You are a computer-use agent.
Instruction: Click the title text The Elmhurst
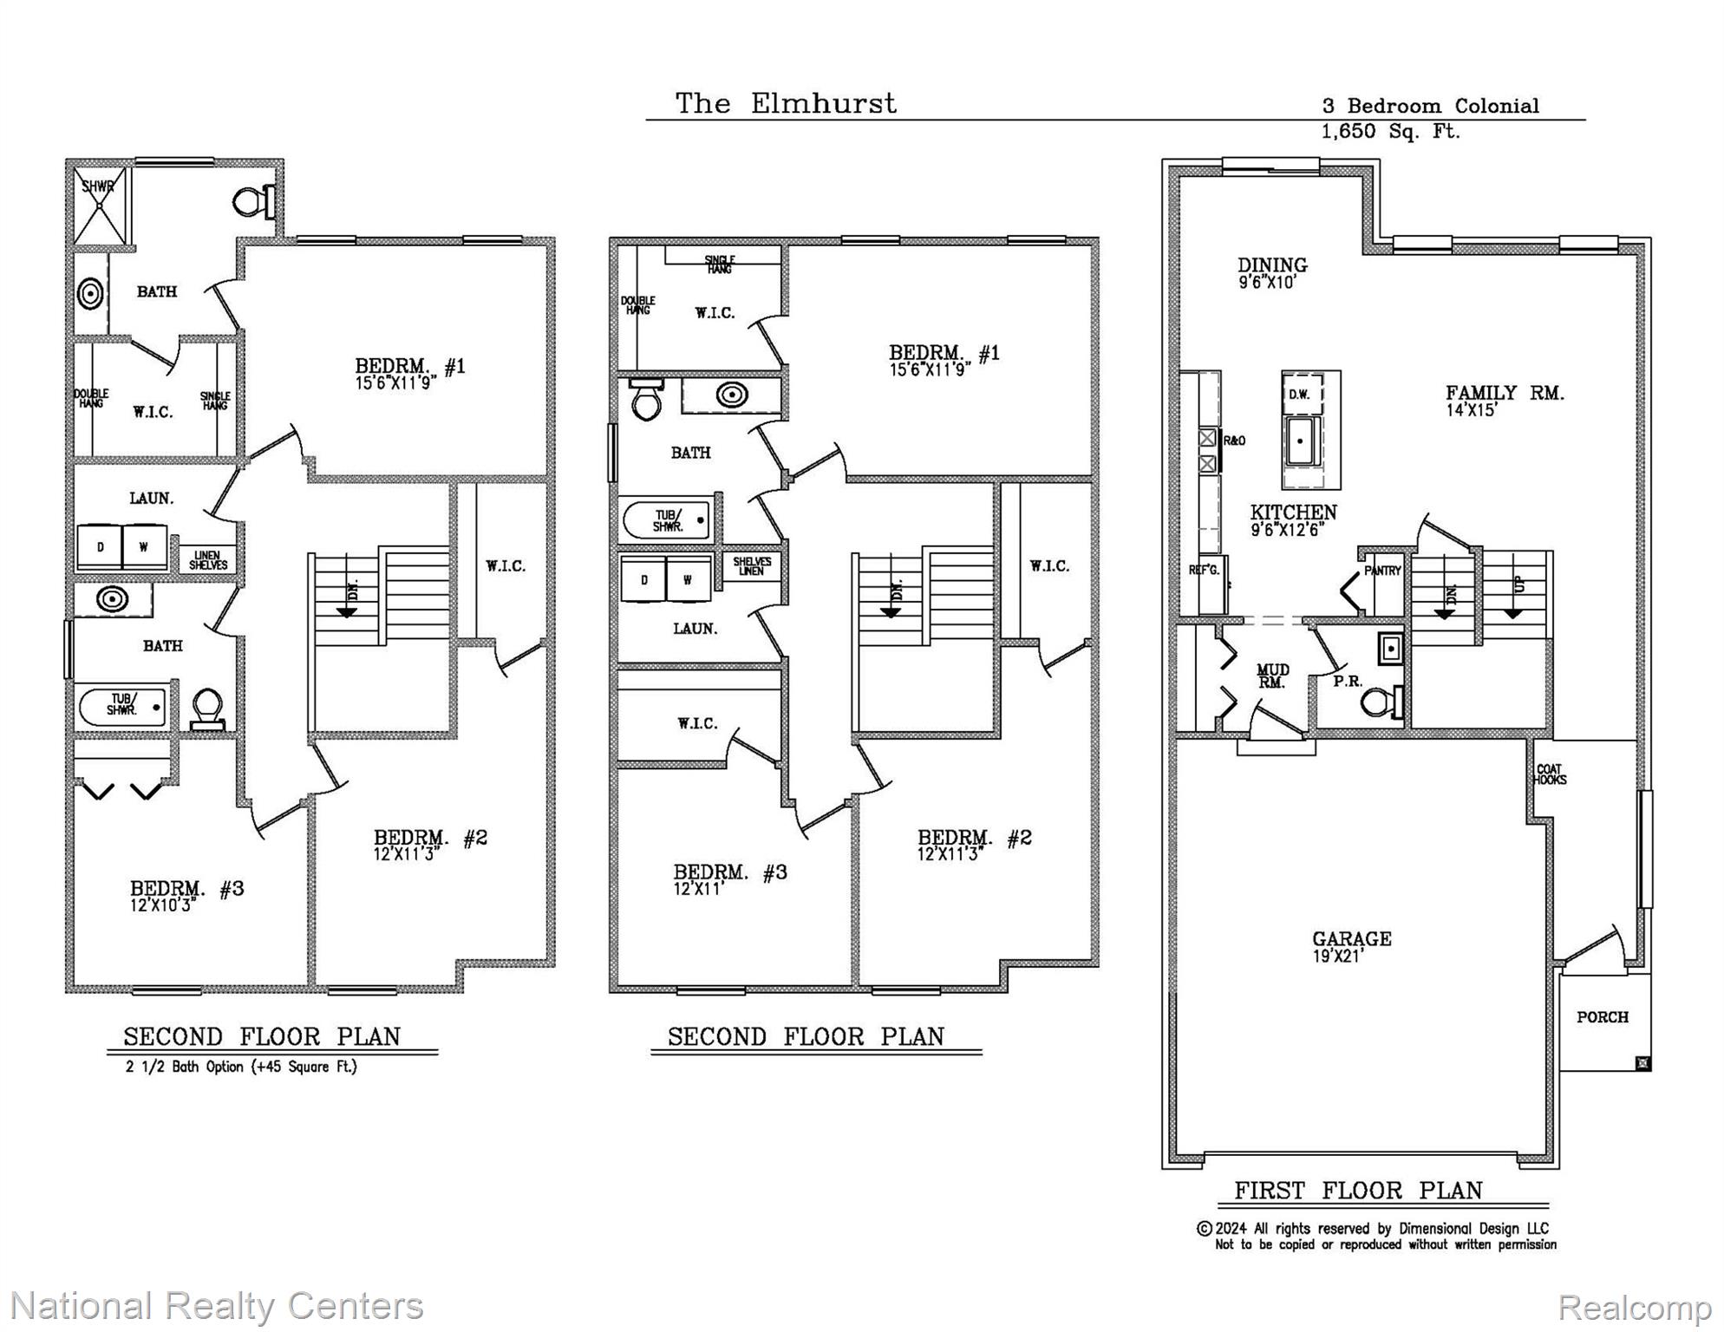785,104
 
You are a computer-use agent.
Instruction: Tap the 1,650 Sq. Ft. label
1389,132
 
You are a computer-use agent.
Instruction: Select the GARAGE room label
1351,939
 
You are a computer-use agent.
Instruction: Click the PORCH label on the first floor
1602,1017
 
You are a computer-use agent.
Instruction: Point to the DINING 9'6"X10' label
1271,271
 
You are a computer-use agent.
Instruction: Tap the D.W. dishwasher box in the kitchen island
1299,395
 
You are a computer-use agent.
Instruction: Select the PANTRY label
1382,571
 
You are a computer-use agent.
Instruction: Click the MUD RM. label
1272,676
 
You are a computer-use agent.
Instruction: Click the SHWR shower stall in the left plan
100,206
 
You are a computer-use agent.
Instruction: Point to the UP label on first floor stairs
1518,584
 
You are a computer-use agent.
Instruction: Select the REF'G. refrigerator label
1204,571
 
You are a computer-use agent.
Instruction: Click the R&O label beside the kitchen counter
1234,441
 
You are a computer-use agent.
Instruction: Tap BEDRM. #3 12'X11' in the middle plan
729,878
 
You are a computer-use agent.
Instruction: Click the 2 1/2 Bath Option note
241,1067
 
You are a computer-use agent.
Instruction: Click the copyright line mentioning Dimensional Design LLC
1375,1229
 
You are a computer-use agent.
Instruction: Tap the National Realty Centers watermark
217,1305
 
